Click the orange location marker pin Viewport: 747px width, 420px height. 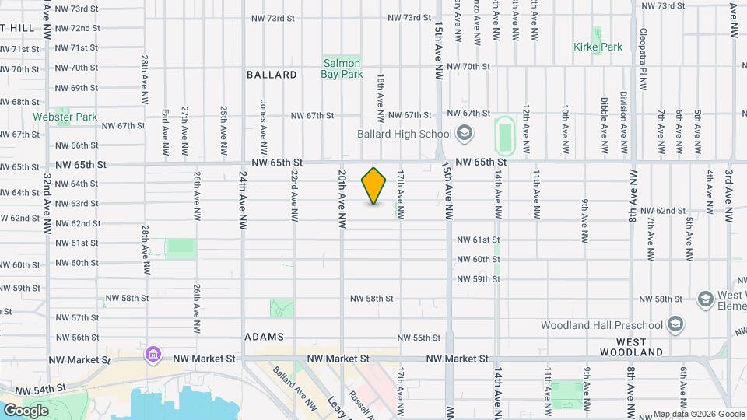coord(374,186)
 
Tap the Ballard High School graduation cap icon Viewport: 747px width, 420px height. coord(465,134)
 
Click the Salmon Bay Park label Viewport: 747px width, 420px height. coord(342,68)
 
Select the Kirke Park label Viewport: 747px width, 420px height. coord(598,47)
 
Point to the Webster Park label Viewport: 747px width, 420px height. coord(65,117)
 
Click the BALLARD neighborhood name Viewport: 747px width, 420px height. coord(272,75)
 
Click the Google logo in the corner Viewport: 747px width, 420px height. coord(25,410)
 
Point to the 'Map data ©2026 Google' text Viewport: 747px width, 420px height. coord(697,414)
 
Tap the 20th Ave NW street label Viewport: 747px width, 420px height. coord(341,198)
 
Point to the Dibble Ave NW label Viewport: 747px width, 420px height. coord(604,124)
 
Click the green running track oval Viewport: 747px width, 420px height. coord(505,135)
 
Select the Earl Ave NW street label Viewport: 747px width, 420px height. coord(165,125)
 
